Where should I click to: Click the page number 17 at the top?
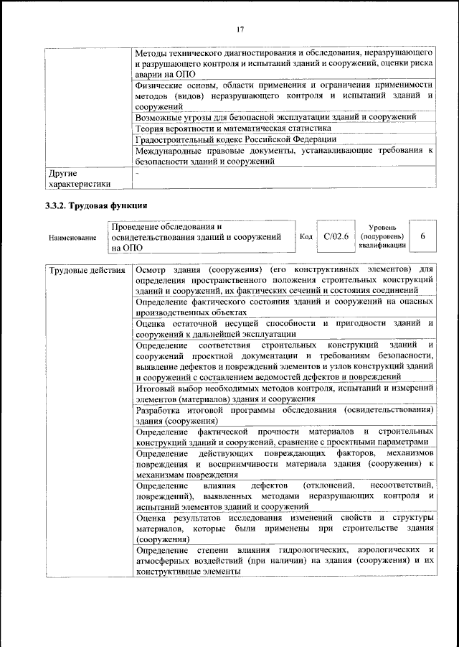240,29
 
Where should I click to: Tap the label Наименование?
72,237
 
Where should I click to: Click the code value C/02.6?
336,236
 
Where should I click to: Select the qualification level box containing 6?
422,236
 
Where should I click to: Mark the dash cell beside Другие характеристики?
137,174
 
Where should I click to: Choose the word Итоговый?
155,388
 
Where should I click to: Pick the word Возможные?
159,117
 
